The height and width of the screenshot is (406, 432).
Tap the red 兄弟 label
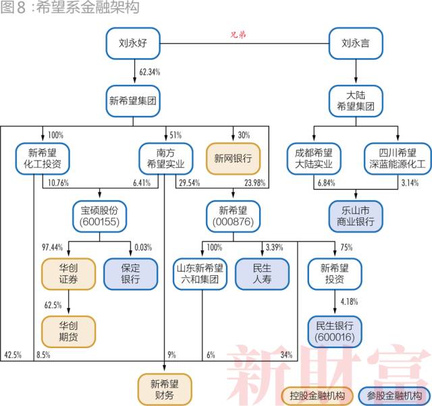238,34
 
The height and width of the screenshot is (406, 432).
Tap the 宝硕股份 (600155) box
100,214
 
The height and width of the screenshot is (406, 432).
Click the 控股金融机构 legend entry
316,395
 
